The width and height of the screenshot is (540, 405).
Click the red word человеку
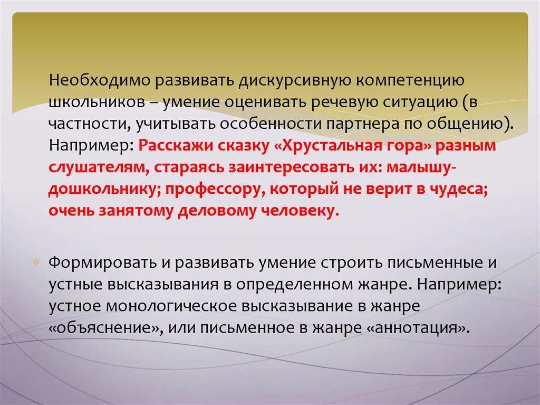pos(295,211)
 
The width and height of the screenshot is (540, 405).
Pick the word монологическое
pos(178,306)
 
